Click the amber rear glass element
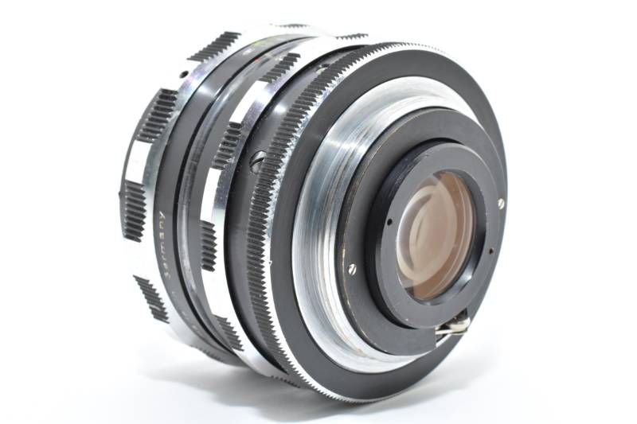(434, 231)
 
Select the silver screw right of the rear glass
(501, 203)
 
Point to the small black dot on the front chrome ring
(184, 74)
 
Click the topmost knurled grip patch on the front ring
(213, 45)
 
